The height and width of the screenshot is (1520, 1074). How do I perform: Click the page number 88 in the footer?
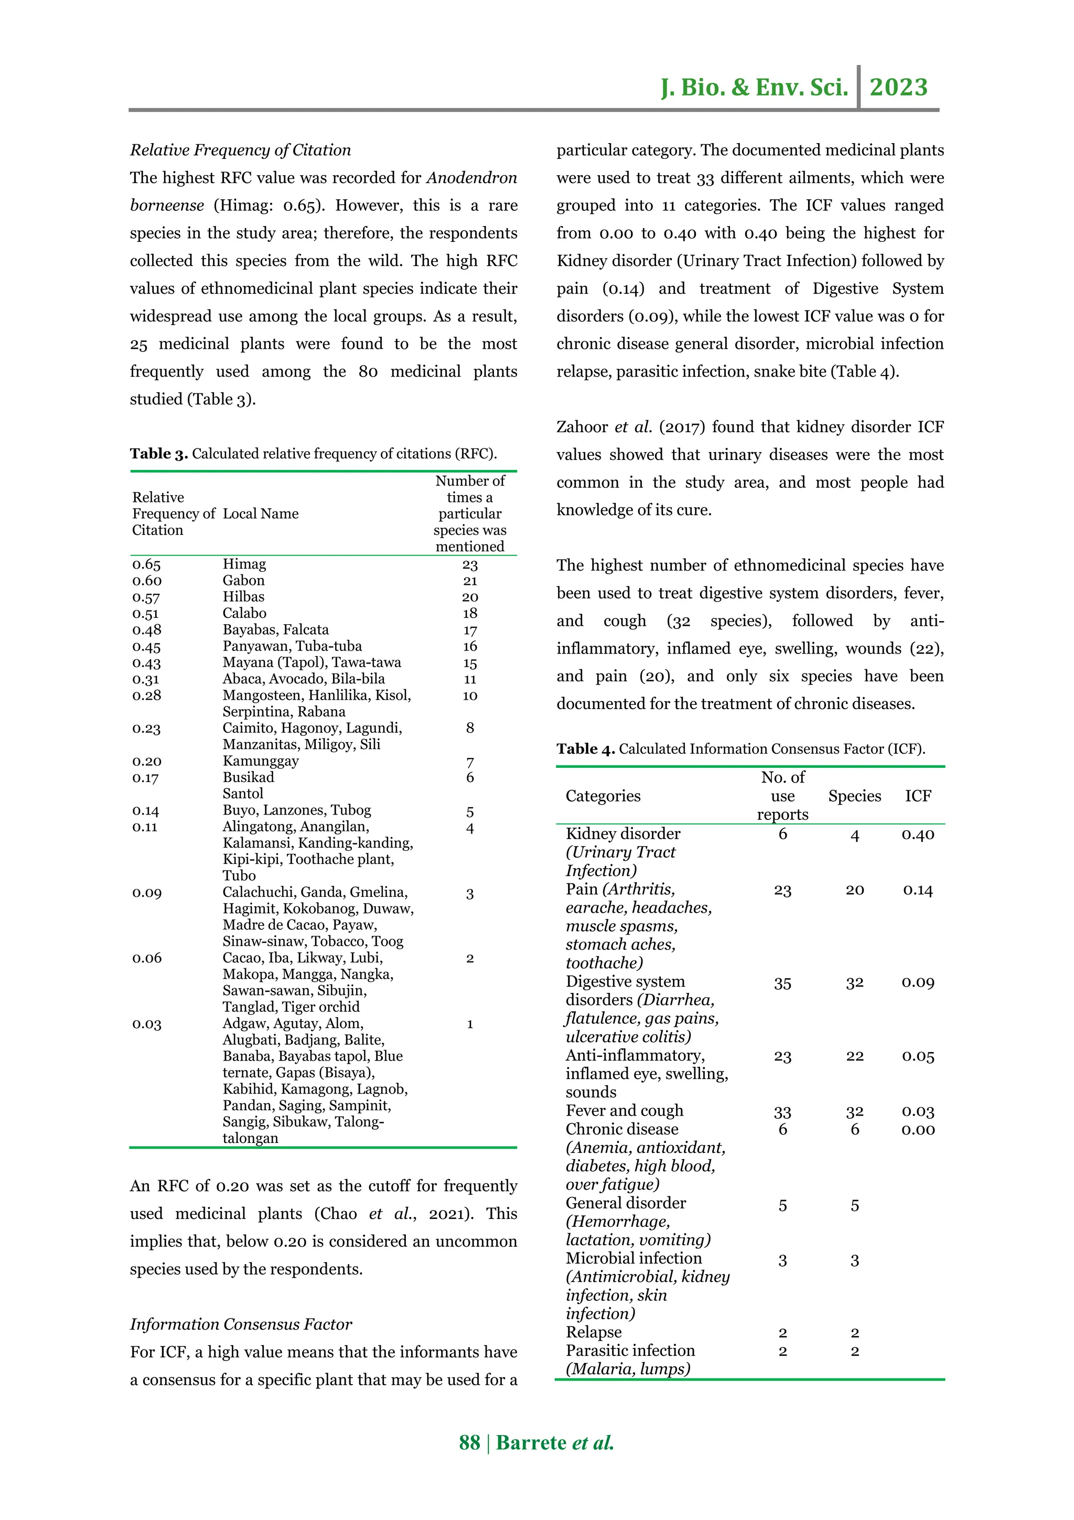pos(469,1442)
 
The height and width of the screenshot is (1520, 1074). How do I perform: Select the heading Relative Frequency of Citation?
pos(240,151)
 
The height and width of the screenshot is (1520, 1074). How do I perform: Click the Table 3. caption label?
pos(159,454)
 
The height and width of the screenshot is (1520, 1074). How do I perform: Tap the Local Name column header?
pos(260,513)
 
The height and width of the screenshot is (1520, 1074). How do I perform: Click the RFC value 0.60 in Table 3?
pos(146,581)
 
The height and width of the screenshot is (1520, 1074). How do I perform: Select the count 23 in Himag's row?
pos(470,565)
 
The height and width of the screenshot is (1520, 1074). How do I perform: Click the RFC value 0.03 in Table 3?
pos(146,1024)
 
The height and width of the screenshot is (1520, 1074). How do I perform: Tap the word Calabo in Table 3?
pos(244,613)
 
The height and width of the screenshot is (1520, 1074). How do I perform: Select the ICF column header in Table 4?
pos(918,796)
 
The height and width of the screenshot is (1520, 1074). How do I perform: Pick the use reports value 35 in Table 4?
pos(782,983)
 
